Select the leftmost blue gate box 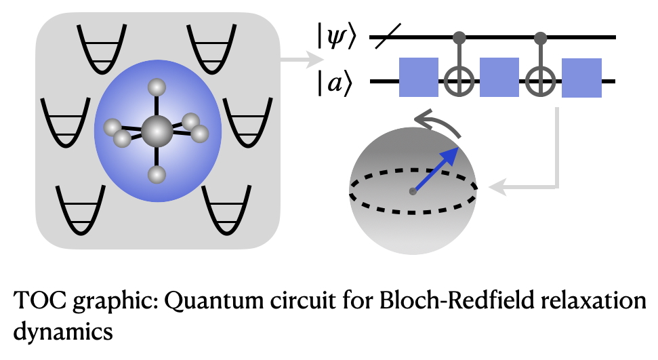click(419, 79)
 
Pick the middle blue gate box click(500, 79)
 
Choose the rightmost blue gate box click(581, 79)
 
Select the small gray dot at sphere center click(413, 192)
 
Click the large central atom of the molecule click(157, 129)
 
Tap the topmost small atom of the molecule click(157, 87)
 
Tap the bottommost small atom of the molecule click(157, 175)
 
